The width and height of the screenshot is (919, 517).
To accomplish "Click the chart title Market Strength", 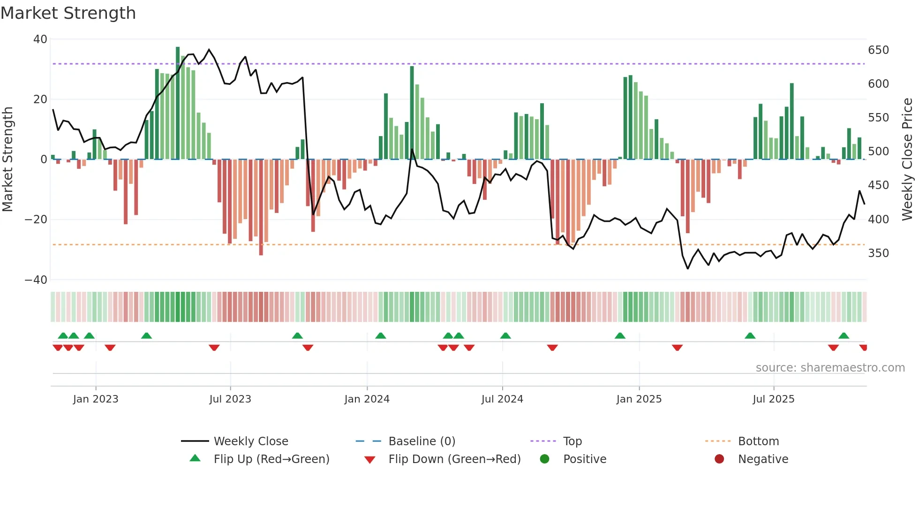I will [68, 13].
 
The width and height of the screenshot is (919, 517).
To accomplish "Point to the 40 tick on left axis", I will [40, 39].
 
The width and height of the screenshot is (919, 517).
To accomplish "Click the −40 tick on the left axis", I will [36, 280].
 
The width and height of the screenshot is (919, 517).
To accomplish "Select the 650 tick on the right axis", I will [878, 50].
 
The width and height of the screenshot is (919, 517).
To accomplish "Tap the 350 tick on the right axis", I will [878, 253].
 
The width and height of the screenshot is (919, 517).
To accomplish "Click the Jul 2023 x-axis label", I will [230, 399].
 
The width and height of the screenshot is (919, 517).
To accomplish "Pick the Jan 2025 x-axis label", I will [639, 399].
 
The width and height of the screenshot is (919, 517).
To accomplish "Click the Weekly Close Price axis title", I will [907, 160].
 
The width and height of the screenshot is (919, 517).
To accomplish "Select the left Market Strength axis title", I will [8, 160].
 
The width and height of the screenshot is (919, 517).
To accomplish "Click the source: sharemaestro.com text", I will [830, 368].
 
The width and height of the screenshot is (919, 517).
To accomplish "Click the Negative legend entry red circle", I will [719, 459].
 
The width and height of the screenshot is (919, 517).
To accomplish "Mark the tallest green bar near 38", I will [178, 103].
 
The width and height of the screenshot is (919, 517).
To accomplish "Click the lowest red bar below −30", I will [261, 207].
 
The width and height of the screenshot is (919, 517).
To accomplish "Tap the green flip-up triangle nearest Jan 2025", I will [620, 336].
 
